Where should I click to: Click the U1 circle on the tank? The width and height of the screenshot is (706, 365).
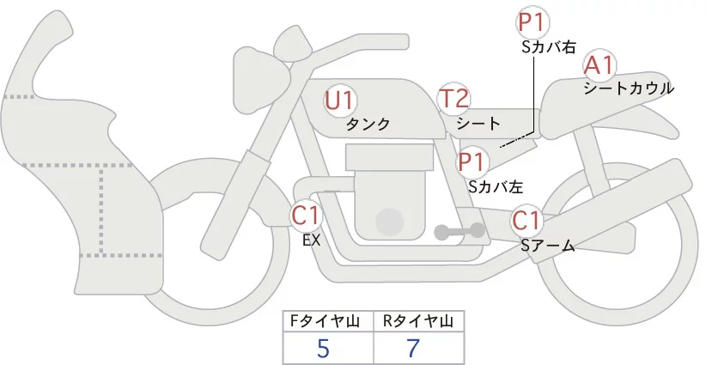[340, 100]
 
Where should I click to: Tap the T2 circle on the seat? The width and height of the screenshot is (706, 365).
[453, 99]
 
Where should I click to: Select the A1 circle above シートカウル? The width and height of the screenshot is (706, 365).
[599, 65]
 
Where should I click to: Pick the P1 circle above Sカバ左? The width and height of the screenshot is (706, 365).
[472, 161]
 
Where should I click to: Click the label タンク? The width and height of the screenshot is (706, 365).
[368, 125]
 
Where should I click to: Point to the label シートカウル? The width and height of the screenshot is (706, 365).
[629, 88]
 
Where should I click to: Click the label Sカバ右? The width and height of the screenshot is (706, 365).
[548, 47]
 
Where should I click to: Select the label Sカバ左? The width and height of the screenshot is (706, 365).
[496, 184]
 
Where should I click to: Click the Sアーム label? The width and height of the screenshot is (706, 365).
[547, 246]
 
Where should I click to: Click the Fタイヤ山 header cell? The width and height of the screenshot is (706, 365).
[329, 321]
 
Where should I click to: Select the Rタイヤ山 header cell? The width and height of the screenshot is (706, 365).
[418, 321]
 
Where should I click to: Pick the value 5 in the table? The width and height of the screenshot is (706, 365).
[323, 348]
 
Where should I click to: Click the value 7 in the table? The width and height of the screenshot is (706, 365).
[413, 348]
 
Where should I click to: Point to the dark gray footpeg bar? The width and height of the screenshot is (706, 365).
[460, 231]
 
